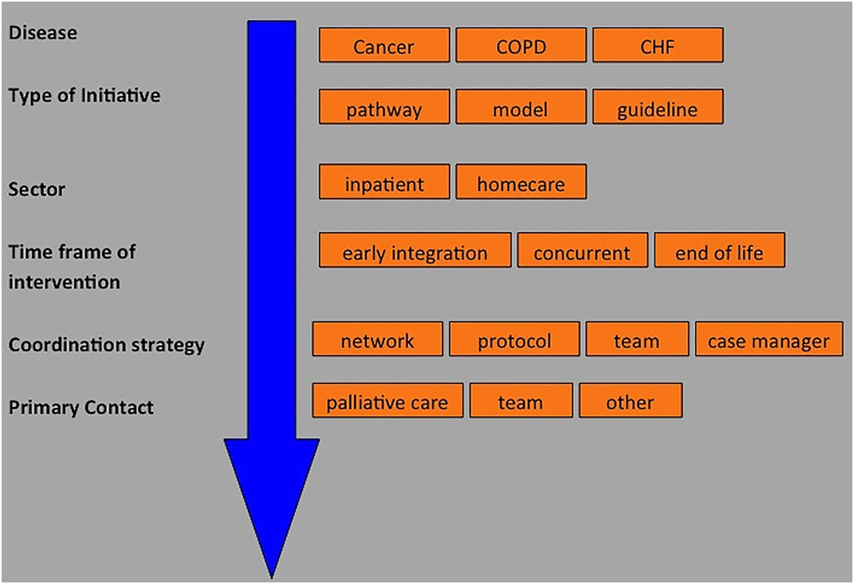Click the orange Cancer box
coord(384,45)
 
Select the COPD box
coord(521,45)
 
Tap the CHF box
coord(658,45)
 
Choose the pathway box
coord(384,107)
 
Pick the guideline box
coord(658,107)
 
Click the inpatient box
coord(384,182)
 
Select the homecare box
coord(521,182)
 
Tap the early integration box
coord(415,250)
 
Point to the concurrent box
coord(582,250)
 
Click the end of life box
coord(719,250)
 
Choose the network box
coord(378,339)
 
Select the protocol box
coord(514,339)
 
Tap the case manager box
coord(769,339)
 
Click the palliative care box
coord(388,401)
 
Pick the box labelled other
coord(630,401)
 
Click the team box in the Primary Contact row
coord(521,401)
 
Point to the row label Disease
coord(43,33)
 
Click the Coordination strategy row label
coord(106,345)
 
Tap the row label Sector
coord(37,189)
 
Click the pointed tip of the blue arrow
coord(272,578)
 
